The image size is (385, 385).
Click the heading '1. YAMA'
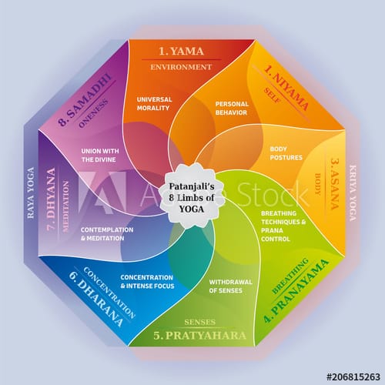pyautogui.click(x=181, y=52)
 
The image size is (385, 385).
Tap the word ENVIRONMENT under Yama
pyautogui.click(x=181, y=67)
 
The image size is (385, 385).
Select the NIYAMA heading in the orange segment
pyautogui.click(x=286, y=88)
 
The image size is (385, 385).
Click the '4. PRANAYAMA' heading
pyautogui.click(x=296, y=291)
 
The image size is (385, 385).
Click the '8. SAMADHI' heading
pyautogui.click(x=85, y=100)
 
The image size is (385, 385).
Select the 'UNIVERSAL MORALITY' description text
pyautogui.click(x=154, y=104)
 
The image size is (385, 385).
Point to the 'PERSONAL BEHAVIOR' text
pyautogui.click(x=232, y=108)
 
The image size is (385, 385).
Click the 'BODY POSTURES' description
pyautogui.click(x=286, y=153)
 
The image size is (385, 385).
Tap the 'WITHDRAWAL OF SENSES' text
pyautogui.click(x=230, y=286)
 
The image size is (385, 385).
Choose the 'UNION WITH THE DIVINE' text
pyautogui.click(x=100, y=155)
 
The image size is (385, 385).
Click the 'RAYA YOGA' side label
pyautogui.click(x=31, y=192)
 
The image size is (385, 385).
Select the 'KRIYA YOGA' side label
pyautogui.click(x=353, y=192)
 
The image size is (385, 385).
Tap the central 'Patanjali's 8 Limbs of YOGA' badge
pyautogui.click(x=192, y=197)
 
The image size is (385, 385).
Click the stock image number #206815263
pyautogui.click(x=353, y=377)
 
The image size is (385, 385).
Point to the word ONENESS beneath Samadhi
pyautogui.click(x=93, y=113)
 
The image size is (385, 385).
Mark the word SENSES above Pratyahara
pyautogui.click(x=199, y=322)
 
